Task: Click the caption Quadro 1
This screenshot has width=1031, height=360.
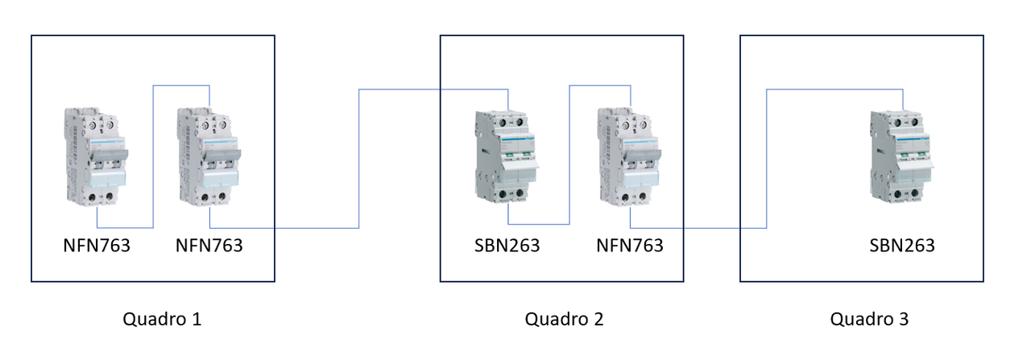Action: point(162,319)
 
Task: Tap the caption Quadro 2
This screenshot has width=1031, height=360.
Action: point(564,319)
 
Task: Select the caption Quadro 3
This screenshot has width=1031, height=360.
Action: point(869,319)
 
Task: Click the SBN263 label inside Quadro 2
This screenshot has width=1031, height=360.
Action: point(507,246)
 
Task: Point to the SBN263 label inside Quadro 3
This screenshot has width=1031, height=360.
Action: point(901,246)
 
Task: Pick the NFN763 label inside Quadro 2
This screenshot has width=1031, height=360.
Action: point(630,246)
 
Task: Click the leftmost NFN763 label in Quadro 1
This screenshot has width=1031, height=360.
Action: point(97,246)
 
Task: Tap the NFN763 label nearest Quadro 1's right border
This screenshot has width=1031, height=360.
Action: point(209,246)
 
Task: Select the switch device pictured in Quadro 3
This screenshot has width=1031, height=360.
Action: point(902,156)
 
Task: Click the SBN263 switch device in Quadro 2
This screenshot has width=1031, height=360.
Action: point(507,156)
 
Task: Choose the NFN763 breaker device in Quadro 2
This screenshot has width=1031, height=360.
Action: point(630,156)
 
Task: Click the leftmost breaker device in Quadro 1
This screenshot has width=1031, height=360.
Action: point(96,156)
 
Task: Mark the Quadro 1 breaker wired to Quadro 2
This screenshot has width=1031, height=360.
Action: point(209,156)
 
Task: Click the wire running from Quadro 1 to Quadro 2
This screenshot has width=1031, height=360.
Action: point(359,159)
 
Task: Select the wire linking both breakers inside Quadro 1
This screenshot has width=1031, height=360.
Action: point(153,156)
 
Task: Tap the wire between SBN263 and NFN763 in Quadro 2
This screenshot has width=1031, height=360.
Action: point(569,155)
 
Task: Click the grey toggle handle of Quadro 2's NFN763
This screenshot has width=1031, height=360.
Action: point(644,155)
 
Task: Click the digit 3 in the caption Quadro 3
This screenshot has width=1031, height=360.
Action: point(904,319)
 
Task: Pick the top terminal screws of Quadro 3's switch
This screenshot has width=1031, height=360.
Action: point(906,122)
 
